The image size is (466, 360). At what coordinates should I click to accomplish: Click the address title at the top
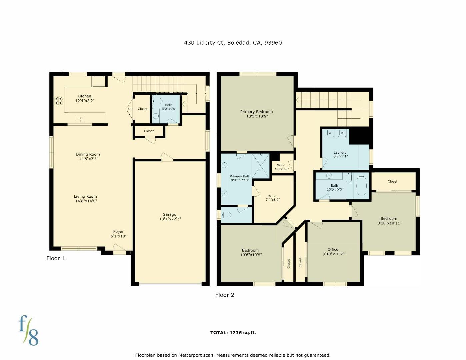(x=233, y=43)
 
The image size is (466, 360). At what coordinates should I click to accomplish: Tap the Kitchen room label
(x=84, y=96)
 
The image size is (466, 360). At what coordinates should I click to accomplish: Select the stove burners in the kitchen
(x=59, y=100)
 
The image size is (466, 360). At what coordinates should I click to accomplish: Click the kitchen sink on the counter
(x=80, y=118)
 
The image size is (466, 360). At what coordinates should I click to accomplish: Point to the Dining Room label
(x=88, y=154)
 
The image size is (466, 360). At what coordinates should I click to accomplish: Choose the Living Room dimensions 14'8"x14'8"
(x=86, y=201)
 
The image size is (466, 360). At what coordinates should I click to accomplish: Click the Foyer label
(x=118, y=232)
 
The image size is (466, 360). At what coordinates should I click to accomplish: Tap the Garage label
(x=169, y=215)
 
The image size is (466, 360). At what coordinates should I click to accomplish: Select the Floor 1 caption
(x=56, y=258)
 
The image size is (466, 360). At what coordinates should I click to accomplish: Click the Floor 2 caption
(x=225, y=295)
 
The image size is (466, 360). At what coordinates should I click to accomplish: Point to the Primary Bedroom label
(x=257, y=112)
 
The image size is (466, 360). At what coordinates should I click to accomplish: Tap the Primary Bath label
(x=240, y=176)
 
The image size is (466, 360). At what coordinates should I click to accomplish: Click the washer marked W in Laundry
(x=330, y=133)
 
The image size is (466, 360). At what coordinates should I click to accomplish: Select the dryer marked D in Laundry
(x=342, y=133)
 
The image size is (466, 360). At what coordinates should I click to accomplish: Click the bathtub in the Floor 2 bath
(x=362, y=186)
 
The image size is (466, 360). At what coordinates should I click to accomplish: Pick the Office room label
(x=333, y=249)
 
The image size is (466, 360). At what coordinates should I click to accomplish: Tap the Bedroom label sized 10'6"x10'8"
(x=250, y=250)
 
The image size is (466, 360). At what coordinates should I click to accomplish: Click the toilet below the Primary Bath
(x=226, y=215)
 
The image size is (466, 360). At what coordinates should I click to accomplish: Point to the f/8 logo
(x=28, y=330)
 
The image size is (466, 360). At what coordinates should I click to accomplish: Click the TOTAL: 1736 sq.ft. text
(x=233, y=333)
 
